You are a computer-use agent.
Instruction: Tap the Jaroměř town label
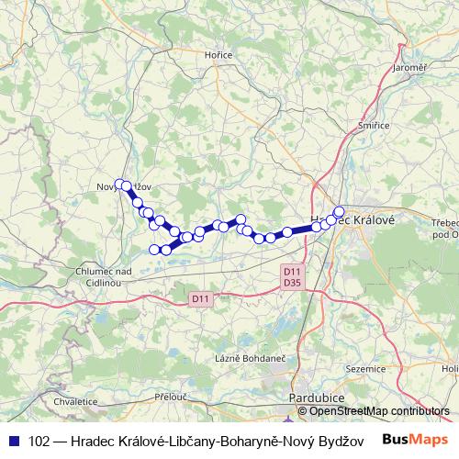pyautogui.click(x=409, y=68)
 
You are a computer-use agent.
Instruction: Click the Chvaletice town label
pyautogui.click(x=75, y=401)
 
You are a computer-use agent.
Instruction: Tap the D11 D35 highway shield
pyautogui.click(x=292, y=277)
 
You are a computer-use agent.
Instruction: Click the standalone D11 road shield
pyautogui.click(x=201, y=298)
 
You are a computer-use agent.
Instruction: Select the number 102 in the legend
pyautogui.click(x=40, y=440)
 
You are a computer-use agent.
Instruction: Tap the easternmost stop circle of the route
pyautogui.click(x=339, y=212)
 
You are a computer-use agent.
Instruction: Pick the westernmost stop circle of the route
pyautogui.click(x=119, y=184)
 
